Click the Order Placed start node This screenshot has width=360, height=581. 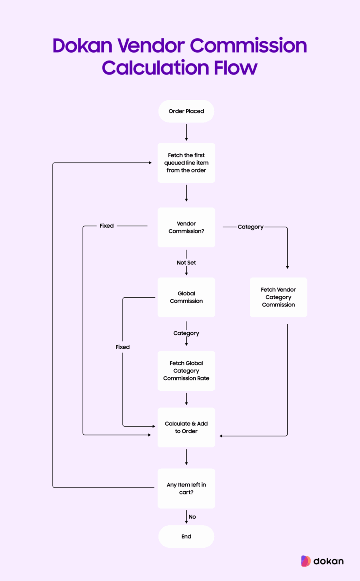[186, 111]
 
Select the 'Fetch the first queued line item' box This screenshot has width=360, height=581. [186, 163]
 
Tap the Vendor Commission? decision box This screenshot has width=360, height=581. [186, 227]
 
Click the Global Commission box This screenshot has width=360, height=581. [186, 297]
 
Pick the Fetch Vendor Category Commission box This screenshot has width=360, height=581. [278, 297]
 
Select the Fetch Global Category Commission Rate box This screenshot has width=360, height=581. [186, 371]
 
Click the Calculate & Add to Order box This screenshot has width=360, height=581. [186, 427]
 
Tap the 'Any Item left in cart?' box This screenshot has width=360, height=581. [186, 488]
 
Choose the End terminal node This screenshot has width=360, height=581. [186, 536]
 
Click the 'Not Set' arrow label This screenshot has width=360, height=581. [186, 263]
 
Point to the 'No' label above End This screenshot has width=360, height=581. [192, 517]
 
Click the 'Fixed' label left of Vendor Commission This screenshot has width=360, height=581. [107, 226]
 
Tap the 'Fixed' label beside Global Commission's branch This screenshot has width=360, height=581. [123, 347]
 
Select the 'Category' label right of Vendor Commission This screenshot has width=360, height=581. [250, 227]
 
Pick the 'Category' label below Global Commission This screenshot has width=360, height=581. [186, 333]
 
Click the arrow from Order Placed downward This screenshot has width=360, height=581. [186, 132]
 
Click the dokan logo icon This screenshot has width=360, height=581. [306, 561]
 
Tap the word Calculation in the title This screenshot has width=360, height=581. [156, 68]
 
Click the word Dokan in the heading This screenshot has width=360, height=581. [83, 46]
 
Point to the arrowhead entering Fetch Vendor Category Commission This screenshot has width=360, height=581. [287, 267]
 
